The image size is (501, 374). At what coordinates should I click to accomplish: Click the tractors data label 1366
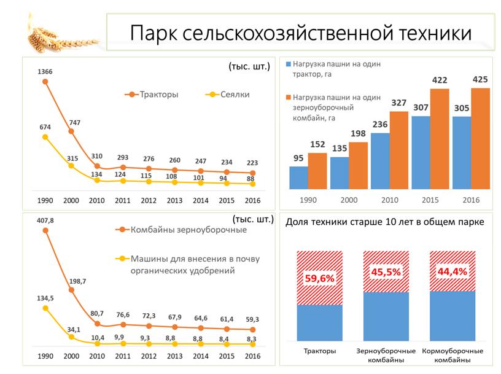pyautogui.click(x=45, y=72)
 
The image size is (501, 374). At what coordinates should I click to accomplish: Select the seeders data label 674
pyautogui.click(x=45, y=127)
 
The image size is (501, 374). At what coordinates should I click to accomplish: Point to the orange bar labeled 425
pyautogui.click(x=480, y=138)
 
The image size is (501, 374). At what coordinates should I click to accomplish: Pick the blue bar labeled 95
pyautogui.click(x=298, y=177)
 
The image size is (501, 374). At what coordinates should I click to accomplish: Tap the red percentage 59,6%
pyautogui.click(x=319, y=279)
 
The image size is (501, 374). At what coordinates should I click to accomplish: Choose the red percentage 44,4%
pyautogui.click(x=452, y=271)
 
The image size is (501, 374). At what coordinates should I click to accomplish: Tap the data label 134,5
pyautogui.click(x=45, y=298)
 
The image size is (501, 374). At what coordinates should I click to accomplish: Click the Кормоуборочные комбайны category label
pyautogui.click(x=452, y=356)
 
